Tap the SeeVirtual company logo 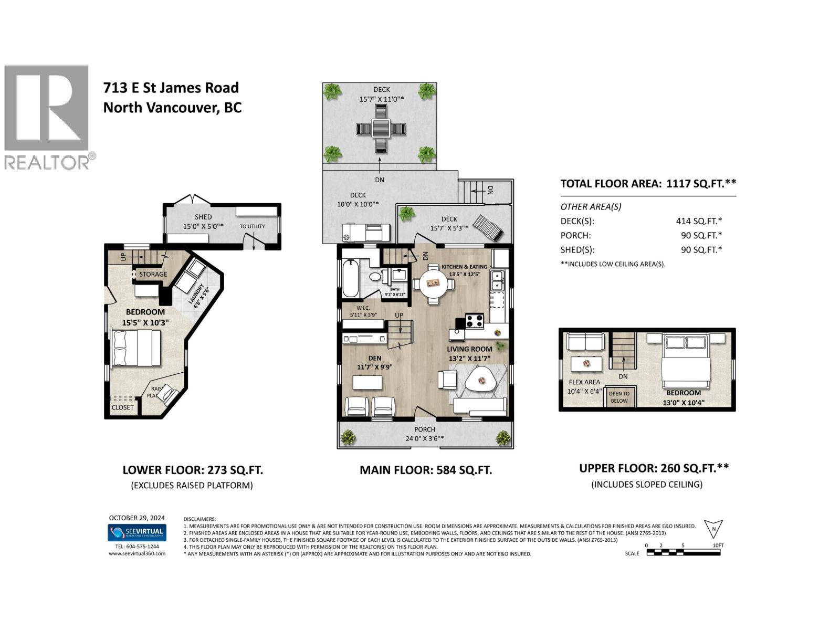click(137, 532)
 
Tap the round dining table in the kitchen click(433, 284)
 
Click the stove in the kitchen click(475, 321)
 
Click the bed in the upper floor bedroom click(686, 363)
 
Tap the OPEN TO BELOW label click(619, 397)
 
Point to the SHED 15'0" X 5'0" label click(203, 222)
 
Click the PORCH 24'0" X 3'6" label click(425, 434)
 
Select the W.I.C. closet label click(363, 311)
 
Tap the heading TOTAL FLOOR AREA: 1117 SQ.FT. click(648, 183)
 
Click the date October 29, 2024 click(137, 518)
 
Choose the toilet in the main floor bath click(375, 277)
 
